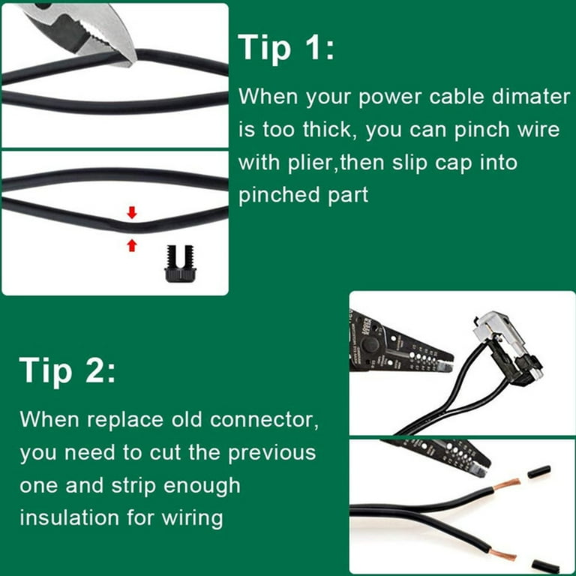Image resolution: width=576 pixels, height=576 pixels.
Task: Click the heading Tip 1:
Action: pos(286,47)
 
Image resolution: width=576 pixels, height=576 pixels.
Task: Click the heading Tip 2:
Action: pos(67,370)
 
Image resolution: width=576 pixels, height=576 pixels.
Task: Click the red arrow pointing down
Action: pos(132,213)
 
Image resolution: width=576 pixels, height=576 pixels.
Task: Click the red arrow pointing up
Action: pos(132,244)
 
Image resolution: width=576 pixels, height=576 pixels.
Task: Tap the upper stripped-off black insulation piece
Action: pos(539,472)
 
